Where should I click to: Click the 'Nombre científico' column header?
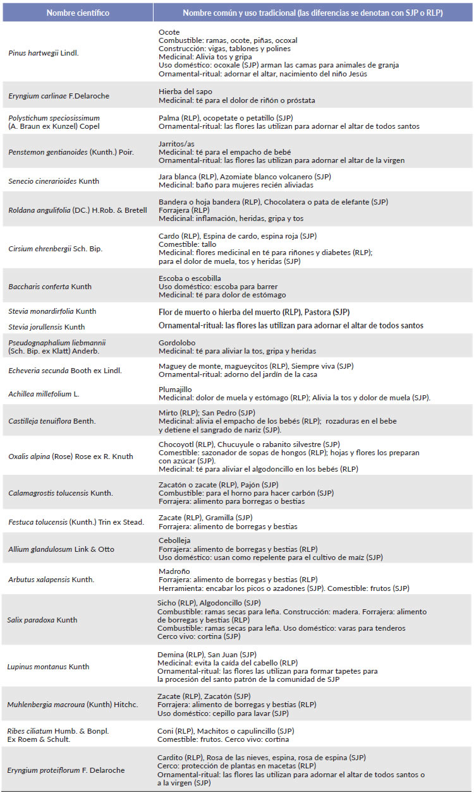tap(77, 13)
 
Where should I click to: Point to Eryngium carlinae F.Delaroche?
tap(59, 96)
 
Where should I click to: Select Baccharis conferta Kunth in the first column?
tap(50, 287)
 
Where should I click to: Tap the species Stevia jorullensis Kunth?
tap(46, 327)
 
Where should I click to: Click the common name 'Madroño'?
tap(174, 571)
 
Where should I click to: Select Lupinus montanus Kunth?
tap(48, 667)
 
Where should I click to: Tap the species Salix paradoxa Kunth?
tap(42, 620)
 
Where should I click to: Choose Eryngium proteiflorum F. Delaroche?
tap(66, 770)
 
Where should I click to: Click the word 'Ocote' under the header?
tap(169, 32)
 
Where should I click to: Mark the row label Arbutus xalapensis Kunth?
tap(51, 580)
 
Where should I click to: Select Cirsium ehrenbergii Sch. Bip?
tap(55, 249)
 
